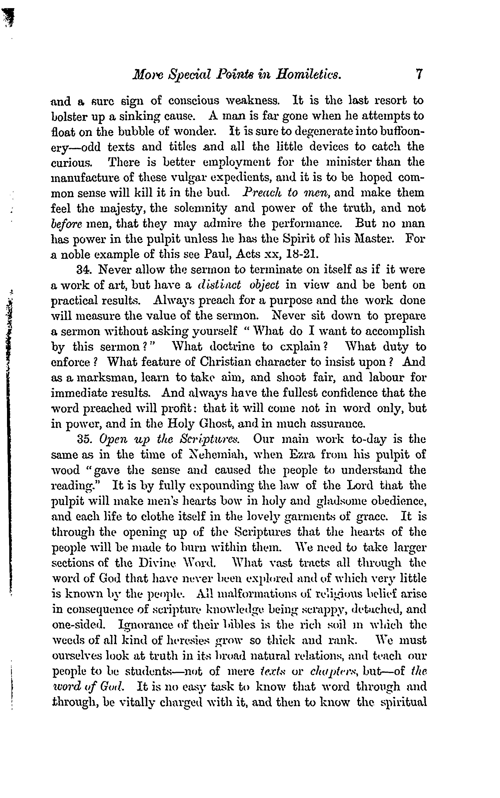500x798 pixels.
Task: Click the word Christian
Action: tap(222, 362)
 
